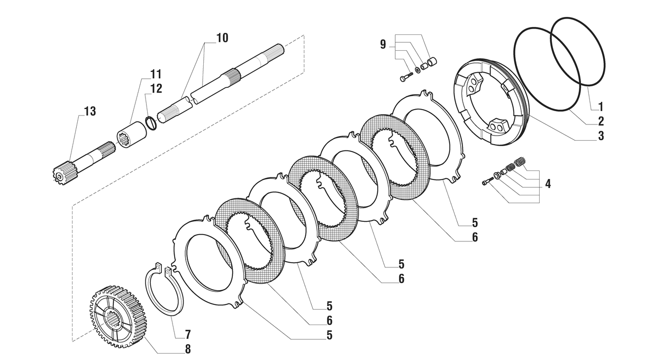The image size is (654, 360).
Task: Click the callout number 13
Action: pyautogui.click(x=89, y=111)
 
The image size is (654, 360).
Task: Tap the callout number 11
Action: pyautogui.click(x=156, y=74)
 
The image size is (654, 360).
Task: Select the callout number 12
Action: pyautogui.click(x=156, y=88)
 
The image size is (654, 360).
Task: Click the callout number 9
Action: pyautogui.click(x=383, y=44)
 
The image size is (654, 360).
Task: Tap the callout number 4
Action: pyautogui.click(x=548, y=184)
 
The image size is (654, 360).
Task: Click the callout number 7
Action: pyautogui.click(x=187, y=335)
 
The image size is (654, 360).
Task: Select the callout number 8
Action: pyautogui.click(x=187, y=349)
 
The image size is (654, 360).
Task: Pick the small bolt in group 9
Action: pyautogui.click(x=406, y=77)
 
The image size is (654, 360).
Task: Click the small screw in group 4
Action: pyautogui.click(x=487, y=182)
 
